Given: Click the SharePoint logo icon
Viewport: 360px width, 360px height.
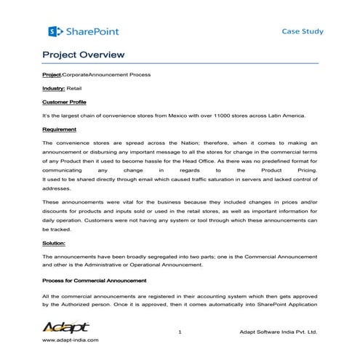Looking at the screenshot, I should click(52, 31).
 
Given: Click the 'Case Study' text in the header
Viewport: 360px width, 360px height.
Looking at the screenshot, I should click(303, 31).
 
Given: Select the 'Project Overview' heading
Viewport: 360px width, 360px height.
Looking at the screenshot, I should click(84, 55).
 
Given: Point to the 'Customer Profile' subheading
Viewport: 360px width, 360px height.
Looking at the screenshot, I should click(64, 103).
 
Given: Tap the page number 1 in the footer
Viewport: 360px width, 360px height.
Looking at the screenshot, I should click(179, 332).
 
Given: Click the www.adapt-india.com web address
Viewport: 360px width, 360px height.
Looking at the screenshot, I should click(71, 340).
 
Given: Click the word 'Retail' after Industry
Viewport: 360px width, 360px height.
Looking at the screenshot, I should click(74, 88).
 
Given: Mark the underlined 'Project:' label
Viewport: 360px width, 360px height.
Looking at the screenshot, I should click(52, 75).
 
